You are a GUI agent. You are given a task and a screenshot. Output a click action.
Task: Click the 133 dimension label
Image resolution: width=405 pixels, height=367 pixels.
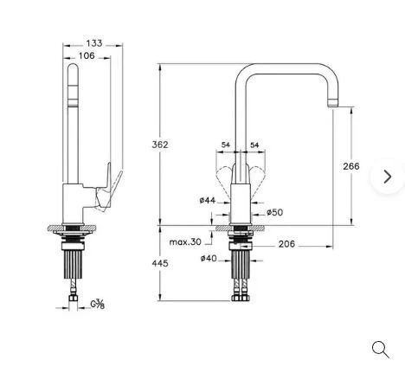point(94,43)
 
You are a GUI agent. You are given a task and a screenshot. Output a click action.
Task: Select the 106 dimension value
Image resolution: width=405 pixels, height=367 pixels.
point(87,55)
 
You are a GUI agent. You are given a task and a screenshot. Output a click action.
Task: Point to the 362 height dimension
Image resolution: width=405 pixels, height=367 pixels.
point(160,145)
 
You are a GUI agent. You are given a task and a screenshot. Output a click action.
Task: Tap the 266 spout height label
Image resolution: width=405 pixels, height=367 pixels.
point(351,166)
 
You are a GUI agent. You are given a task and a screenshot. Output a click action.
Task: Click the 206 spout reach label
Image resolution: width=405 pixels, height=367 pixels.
point(286,244)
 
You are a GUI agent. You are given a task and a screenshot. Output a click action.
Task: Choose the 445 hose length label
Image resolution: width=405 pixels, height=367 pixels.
point(160,263)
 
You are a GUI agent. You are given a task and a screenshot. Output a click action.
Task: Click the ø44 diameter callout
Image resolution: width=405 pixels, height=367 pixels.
point(208,200)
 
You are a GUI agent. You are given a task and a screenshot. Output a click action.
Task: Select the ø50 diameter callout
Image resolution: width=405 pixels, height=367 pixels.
point(275,213)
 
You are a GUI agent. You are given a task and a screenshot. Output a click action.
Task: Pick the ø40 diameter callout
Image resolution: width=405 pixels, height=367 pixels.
point(209,258)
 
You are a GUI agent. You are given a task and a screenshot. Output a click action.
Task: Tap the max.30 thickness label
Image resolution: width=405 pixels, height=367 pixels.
point(185,241)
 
